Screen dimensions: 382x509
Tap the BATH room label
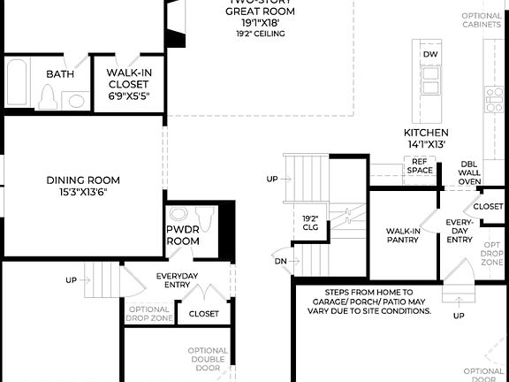point(59,74)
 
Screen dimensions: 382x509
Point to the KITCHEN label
point(426,133)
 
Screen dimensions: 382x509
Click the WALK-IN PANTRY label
point(403,235)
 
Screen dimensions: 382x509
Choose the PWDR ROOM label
point(184,234)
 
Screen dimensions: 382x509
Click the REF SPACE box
point(420,165)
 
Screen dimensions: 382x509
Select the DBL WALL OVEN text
point(470,172)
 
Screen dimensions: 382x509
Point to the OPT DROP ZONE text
point(491,254)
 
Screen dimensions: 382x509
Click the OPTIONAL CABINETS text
point(482,19)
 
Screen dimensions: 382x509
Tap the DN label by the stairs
point(281,261)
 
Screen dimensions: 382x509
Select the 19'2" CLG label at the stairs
point(310,222)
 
